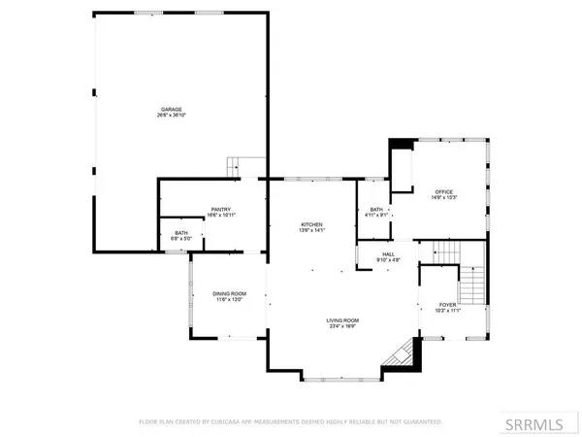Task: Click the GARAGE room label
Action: pyautogui.click(x=171, y=109)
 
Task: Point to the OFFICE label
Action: pyautogui.click(x=444, y=191)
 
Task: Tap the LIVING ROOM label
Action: pyautogui.click(x=342, y=320)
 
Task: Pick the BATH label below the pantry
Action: pyautogui.click(x=181, y=232)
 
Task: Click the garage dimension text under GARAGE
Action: pyautogui.click(x=171, y=116)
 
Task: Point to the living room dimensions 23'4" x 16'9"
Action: pyautogui.click(x=342, y=327)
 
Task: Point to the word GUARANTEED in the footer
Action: pyautogui.click(x=420, y=422)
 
